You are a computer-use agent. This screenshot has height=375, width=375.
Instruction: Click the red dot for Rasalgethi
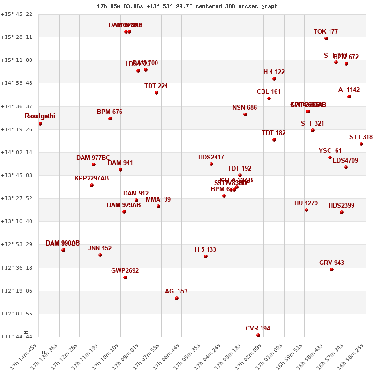point(40,124)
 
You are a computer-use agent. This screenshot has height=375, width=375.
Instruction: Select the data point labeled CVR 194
point(258,335)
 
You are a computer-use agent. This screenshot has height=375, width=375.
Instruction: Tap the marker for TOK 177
point(326,38)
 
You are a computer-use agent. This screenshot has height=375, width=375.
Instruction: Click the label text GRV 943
point(331,263)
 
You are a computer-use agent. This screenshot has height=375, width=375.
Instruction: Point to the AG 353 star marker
point(177,298)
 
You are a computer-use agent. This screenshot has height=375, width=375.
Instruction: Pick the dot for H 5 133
point(206,256)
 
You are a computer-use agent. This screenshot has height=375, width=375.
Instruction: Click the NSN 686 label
point(245,108)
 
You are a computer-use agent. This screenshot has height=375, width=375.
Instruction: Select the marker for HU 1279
point(307,210)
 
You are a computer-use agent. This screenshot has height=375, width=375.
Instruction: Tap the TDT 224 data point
point(157,93)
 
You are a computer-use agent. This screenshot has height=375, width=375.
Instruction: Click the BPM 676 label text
point(110,112)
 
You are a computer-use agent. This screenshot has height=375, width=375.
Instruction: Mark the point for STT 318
point(361,144)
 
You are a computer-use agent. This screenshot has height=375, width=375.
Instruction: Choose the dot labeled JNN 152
point(100,255)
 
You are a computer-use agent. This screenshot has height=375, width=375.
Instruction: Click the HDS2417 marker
point(211,164)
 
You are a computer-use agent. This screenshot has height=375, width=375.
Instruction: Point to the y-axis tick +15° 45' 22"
point(18,15)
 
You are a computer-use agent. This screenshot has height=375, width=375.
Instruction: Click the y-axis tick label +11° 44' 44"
point(18,337)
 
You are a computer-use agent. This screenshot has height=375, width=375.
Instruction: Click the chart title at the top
point(187,6)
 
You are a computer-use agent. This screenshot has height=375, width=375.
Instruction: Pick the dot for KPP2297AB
point(92,185)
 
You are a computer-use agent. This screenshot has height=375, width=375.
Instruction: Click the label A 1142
point(349,90)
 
